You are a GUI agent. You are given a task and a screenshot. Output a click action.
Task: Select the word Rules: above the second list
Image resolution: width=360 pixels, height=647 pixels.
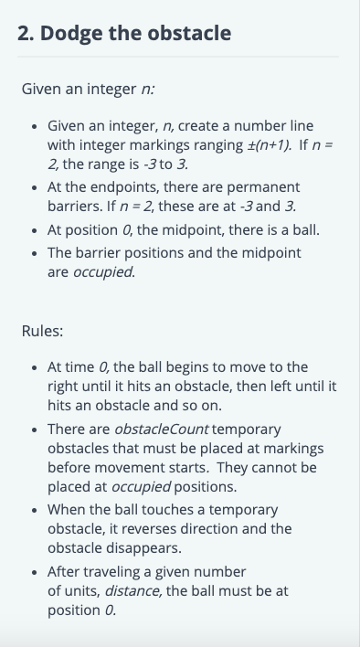pyautogui.click(x=42, y=331)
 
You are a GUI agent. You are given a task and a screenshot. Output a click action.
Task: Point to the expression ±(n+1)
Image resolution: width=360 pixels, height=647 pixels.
pyautogui.click(x=269, y=145)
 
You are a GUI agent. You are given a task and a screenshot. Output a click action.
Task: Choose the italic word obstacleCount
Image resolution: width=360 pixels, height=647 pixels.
pyautogui.click(x=161, y=430)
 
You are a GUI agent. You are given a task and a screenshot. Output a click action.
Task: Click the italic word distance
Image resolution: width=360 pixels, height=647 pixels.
pyautogui.click(x=132, y=591)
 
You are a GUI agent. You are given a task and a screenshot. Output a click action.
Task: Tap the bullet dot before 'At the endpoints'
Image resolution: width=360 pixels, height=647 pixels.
pyautogui.click(x=35, y=188)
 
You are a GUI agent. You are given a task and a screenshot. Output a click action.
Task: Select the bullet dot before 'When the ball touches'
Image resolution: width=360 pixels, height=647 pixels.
pyautogui.click(x=35, y=511)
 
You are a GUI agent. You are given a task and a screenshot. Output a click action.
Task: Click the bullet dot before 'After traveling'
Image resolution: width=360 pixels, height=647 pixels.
pyautogui.click(x=35, y=573)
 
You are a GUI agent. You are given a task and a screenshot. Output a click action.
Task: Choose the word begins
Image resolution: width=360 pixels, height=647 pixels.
pyautogui.click(x=176, y=367)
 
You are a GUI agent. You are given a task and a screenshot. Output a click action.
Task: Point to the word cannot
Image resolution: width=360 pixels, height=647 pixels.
pyautogui.click(x=273, y=468)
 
